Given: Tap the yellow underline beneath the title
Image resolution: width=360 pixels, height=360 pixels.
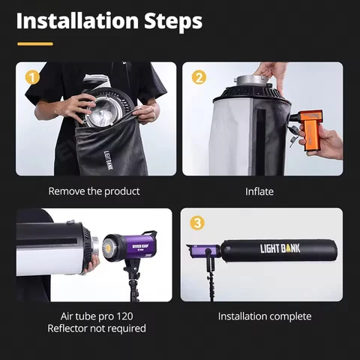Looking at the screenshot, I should pos(35,43).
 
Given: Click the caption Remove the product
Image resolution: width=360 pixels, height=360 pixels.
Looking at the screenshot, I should pos(94,191).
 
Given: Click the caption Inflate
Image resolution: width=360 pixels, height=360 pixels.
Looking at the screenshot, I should pos(259,191).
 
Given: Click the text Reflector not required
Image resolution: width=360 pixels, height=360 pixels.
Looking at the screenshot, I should pos(96,328).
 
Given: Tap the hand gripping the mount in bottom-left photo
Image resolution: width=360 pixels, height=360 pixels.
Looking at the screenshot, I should pos(91,265).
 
